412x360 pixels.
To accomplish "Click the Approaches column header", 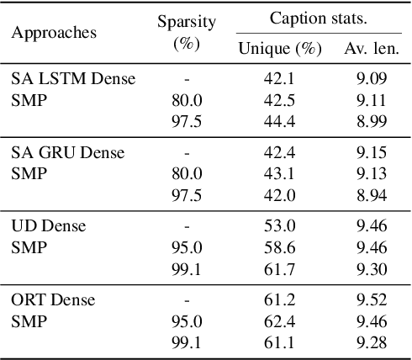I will point(53,33).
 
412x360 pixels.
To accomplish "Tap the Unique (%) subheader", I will point(280,49).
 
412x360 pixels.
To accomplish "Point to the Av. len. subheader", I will point(372,49).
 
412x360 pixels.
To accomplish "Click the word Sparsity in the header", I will point(186,23).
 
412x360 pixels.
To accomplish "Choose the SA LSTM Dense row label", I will point(73,80).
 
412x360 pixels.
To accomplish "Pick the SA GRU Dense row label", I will point(67,153).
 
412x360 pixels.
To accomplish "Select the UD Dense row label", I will point(48,226).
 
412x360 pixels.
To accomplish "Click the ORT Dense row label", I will point(53,299).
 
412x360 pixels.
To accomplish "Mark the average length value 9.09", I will point(372,80).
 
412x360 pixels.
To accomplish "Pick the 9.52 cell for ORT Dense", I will point(372,299).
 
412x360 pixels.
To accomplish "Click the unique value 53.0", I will point(280,226).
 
